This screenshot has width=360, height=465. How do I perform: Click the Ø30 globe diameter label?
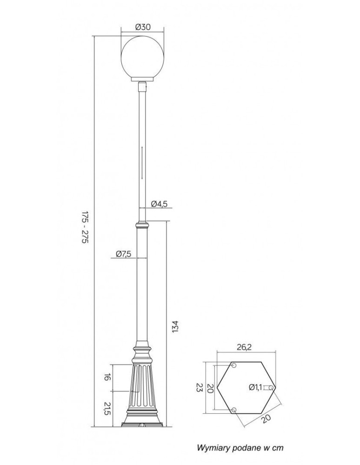(143, 27)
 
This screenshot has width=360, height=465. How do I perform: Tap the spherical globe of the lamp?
(143, 58)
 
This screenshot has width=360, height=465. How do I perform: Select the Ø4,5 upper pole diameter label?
(159, 204)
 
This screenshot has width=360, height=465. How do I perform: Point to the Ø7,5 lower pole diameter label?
(123, 254)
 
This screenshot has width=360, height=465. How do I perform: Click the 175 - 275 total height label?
(85, 227)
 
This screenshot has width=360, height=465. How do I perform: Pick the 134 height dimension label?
(175, 326)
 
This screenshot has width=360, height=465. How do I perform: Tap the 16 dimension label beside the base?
(108, 377)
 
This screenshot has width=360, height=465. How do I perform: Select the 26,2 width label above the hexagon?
(244, 347)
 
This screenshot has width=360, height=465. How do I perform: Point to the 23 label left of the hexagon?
(199, 388)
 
